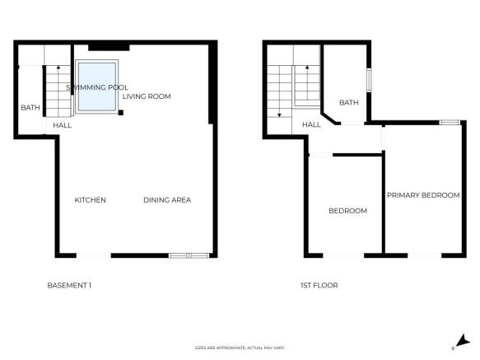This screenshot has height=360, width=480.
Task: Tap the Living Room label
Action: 147,96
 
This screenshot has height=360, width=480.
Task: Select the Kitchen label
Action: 91,200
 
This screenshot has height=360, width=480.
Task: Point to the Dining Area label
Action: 167,200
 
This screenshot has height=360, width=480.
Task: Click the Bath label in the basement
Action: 30,108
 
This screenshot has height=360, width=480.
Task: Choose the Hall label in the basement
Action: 63,125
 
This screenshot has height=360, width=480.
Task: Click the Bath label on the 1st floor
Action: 349,103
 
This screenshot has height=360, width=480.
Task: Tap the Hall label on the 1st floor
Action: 311,125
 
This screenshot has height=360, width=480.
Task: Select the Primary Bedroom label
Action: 423,195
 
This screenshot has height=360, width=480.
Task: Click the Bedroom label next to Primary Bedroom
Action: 347,211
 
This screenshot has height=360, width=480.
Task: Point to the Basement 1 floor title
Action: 69,286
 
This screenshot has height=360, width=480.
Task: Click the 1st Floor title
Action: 319,286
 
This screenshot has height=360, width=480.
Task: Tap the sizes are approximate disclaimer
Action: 240,348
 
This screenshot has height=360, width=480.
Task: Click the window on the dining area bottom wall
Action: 188,255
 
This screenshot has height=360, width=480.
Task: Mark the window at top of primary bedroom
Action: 449,123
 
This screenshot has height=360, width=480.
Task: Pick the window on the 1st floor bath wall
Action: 369,81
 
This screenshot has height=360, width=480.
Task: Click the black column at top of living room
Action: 104,45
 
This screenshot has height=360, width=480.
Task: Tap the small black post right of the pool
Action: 120,112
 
